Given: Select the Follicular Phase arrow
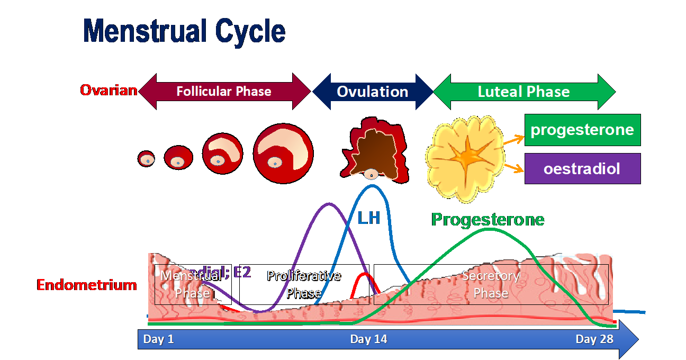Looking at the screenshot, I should pos(224,92).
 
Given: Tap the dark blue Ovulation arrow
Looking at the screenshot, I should pos(372,92).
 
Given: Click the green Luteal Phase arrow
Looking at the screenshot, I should pos(523,92).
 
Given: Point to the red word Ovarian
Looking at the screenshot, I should pos(109,91).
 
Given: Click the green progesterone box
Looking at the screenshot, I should pos(582,130).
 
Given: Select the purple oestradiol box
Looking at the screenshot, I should pos(582,169).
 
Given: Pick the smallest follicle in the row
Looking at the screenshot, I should pos(146,158).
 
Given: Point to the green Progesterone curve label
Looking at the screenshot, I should pos(488,219).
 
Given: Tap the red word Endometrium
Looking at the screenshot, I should pos(87,285).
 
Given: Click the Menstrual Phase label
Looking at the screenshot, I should pos(191,284).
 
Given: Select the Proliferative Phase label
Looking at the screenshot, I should pos(303,284).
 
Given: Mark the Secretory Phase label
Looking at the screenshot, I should pos(491,284).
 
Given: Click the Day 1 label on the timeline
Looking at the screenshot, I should pos(158,339).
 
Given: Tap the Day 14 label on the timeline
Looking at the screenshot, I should pos(368,339).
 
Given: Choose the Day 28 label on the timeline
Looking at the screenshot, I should pos(594,339).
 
